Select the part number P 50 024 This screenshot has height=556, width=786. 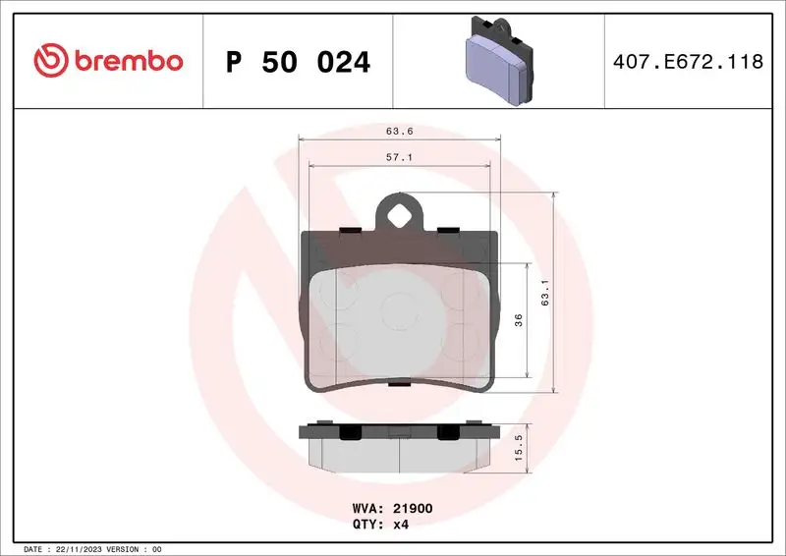click(298, 62)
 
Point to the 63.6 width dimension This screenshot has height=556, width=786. click(399, 130)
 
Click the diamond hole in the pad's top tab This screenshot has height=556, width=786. click(399, 214)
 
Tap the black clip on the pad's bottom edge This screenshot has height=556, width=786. click(399, 385)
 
